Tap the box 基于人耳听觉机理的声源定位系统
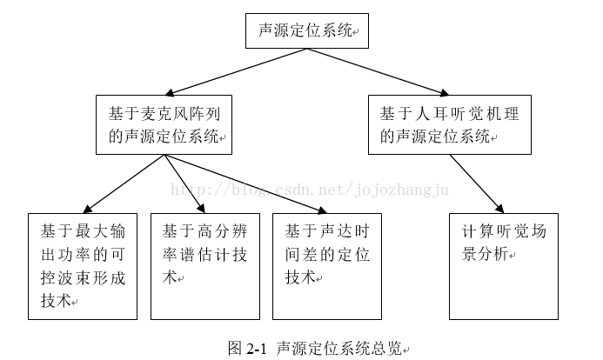[449, 124]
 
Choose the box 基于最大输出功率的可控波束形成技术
[83, 265]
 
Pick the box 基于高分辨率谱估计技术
[204, 265]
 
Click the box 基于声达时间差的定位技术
[327, 265]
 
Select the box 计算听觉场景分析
[503, 265]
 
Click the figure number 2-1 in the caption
[256, 349]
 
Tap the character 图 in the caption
[234, 349]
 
